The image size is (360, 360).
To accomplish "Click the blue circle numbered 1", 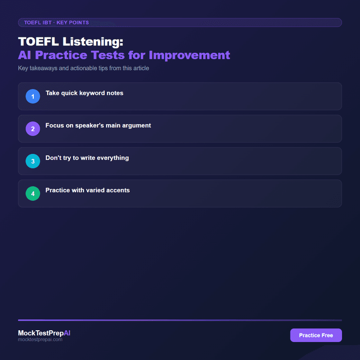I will pos(33,96).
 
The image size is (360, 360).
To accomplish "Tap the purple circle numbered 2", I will pos(33,129).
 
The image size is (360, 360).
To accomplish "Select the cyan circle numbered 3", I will pos(33,161).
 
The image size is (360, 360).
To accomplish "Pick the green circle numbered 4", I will pos(33,193).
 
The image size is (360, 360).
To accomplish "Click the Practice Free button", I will pos(316,335).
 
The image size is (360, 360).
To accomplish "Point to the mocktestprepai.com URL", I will pos(40,340).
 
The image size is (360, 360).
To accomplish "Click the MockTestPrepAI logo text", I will pos(44,333).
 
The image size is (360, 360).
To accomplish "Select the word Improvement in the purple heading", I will pos(189,55).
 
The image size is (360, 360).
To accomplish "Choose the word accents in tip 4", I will pos(118,190).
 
